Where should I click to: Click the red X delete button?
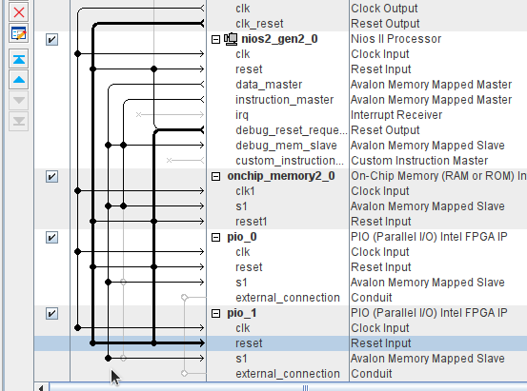19,12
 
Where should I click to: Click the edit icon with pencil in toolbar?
19,33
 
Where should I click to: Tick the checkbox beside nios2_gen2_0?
51,40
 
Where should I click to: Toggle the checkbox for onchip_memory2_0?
51,177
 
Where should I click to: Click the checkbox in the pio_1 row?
51,314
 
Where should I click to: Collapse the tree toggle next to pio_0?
215,238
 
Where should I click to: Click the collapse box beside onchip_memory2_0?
215,177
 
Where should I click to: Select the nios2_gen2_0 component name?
279,39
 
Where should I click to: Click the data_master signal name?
269,85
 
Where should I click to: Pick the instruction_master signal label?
284,100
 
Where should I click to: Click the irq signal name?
242,115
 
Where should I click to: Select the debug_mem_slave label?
286,146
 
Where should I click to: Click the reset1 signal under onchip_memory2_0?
251,222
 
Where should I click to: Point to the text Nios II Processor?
395,39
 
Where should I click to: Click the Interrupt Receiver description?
396,115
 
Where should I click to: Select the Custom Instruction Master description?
419,161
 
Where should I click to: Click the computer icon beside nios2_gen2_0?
231,39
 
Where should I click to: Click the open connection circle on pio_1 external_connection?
184,373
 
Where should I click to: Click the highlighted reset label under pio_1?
249,343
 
